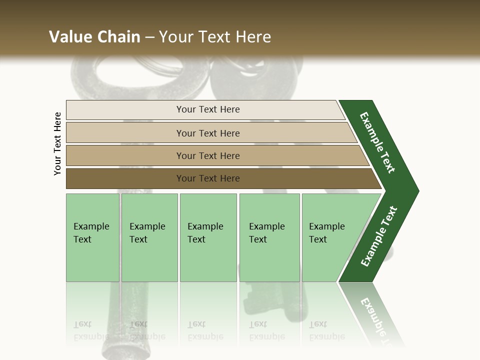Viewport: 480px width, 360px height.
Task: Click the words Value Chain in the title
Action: click(94, 37)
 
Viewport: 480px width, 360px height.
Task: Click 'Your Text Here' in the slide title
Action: click(215, 37)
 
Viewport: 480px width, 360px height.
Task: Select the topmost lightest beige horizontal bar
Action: click(207, 109)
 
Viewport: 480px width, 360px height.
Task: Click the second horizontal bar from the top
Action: click(207, 133)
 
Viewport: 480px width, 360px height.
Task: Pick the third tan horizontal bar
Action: click(207, 155)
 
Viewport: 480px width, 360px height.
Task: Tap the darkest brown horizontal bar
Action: click(207, 178)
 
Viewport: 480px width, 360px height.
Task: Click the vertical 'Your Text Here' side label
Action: click(58, 144)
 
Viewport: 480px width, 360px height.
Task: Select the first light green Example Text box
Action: click(92, 237)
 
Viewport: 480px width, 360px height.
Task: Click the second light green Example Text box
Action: click(149, 237)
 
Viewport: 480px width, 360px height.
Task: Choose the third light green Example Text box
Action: click(207, 237)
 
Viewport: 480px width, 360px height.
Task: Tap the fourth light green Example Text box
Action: click(269, 237)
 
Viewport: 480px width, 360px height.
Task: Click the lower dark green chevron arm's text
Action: click(379, 236)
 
